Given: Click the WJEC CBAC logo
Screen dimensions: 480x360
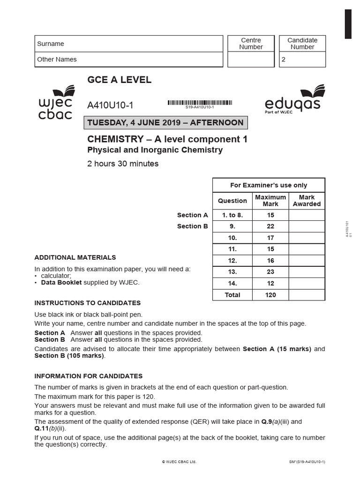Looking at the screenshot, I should click(55, 103).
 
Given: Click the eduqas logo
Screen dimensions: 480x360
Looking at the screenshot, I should click(292, 99).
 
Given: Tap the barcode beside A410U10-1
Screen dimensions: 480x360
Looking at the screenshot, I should click(200, 103).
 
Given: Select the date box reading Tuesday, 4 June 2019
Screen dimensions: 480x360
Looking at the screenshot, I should click(165, 123).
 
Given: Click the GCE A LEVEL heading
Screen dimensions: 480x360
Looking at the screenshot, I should click(119, 80).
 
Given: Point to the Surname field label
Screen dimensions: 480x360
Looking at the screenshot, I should click(51, 44).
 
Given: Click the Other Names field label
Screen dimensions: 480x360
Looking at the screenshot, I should click(57, 60).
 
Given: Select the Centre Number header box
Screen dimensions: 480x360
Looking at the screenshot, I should click(251, 44).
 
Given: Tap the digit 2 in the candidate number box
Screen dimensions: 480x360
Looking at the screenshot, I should click(283, 60).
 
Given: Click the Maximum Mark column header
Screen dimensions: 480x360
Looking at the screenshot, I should click(270, 201).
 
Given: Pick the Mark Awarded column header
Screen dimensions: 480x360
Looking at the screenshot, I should click(307, 201).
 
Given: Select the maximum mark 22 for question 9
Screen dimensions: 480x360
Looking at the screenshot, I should click(270, 226).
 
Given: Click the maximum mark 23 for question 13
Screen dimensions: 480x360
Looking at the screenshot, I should click(270, 272).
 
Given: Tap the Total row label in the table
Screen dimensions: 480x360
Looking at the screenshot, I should click(232, 295).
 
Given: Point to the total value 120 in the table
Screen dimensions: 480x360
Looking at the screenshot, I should click(270, 295).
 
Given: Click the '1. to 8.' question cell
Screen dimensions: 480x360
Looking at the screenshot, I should click(232, 215).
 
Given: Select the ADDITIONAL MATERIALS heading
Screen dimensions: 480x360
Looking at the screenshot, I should click(75, 257).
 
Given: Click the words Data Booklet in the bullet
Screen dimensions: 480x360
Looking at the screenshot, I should click(61, 283).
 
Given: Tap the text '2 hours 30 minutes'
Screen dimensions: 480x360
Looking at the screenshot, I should click(123, 164).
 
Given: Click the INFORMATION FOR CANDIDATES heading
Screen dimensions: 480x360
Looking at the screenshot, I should click(89, 376).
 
